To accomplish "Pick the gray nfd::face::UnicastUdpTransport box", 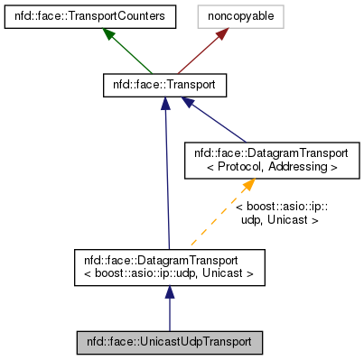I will click(x=169, y=343).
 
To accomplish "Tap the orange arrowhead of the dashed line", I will click(x=247, y=184).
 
